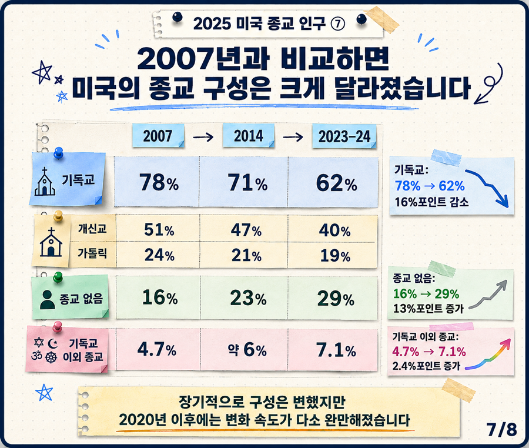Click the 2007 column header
click(158, 136)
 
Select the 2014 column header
click(248, 136)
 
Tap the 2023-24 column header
click(344, 136)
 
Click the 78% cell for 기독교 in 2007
click(159, 182)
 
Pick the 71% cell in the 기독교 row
click(247, 182)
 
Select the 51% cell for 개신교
click(159, 230)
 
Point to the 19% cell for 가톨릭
click(335, 256)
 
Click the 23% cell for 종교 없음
click(248, 298)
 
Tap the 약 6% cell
click(247, 349)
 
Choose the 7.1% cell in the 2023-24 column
click(336, 350)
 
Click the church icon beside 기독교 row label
click(45, 182)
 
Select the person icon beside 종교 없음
click(47, 300)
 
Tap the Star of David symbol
click(39, 342)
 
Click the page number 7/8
click(502, 429)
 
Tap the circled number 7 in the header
click(338, 24)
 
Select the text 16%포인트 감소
click(431, 202)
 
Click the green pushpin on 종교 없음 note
click(58, 278)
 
